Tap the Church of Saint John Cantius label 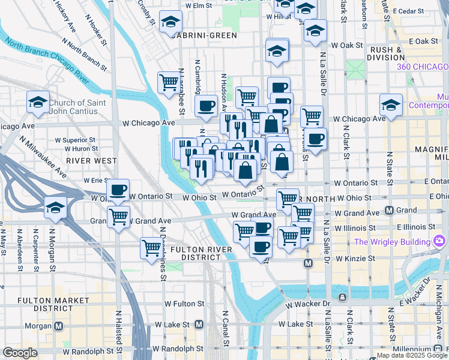77,107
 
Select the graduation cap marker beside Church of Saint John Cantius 38,103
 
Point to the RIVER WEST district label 91,161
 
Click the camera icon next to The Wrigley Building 439,242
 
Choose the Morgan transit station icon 59,326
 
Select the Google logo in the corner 20,353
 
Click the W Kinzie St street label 355,259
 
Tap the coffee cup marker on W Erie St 118,190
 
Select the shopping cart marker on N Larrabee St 169,83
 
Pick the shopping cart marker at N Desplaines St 151,247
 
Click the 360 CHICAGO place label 423,67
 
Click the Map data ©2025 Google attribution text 412,355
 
